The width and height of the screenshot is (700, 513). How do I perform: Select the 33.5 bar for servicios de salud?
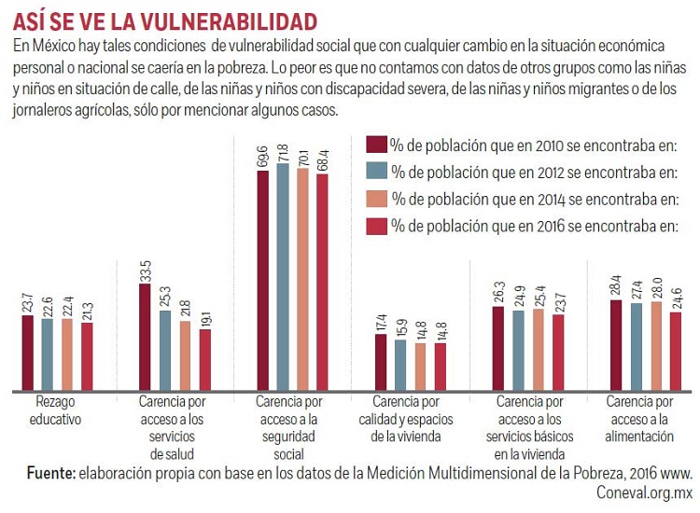(x=146, y=337)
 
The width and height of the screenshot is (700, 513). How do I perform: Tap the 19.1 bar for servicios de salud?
(x=204, y=359)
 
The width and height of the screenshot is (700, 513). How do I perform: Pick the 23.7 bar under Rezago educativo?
(x=28, y=353)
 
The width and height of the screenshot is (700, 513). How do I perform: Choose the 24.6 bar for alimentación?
(x=675, y=351)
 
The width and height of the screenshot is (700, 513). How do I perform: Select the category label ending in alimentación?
(x=639, y=419)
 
